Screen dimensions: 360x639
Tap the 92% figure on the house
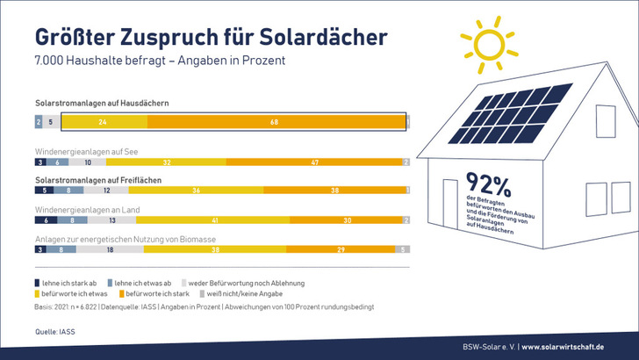(x=489, y=184)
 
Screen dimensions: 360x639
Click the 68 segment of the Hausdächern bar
(x=275, y=122)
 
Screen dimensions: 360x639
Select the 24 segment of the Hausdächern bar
(x=104, y=122)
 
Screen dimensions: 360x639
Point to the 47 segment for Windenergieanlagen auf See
(x=314, y=162)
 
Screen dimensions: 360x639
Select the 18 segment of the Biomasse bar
(x=109, y=250)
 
